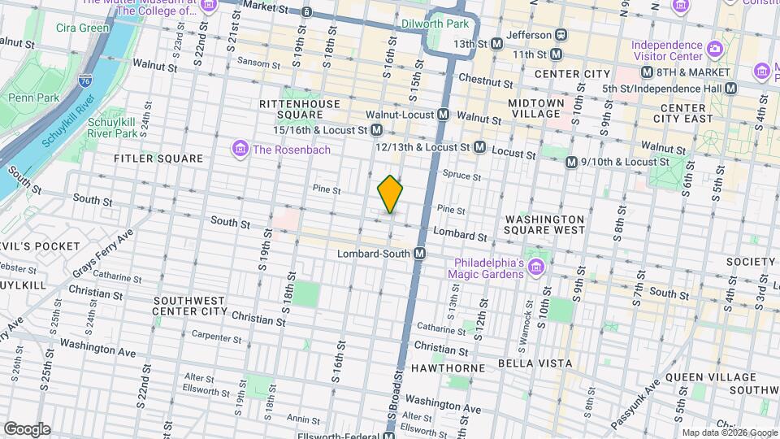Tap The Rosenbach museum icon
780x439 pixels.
click(240, 149)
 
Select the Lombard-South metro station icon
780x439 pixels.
click(419, 254)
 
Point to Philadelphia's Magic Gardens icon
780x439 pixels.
click(535, 267)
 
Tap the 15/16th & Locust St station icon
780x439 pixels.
click(377, 130)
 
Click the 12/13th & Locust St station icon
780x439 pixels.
click(479, 147)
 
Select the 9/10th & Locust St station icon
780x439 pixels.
click(572, 162)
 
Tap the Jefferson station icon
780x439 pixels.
click(561, 35)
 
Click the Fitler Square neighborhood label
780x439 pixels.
click(158, 159)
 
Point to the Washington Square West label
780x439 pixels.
click(544, 224)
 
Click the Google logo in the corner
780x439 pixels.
click(27, 428)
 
